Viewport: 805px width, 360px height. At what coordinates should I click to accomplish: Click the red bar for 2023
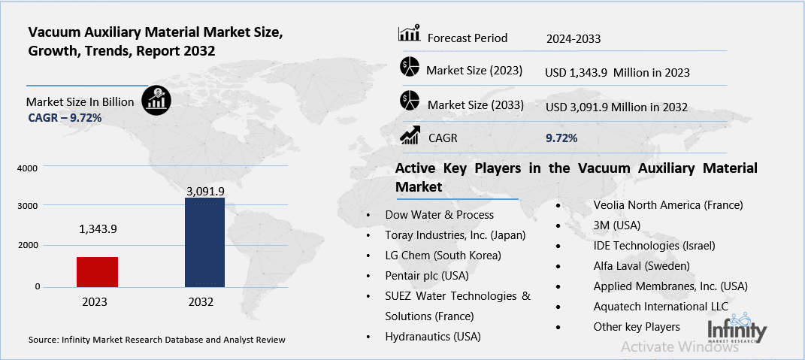[x=97, y=271]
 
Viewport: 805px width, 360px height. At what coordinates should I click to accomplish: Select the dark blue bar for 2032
[x=204, y=242]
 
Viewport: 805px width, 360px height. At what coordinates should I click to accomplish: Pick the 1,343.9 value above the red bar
[x=97, y=229]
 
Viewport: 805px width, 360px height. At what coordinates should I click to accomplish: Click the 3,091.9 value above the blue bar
[x=205, y=192]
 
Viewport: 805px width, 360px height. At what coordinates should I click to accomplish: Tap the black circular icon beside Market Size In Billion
[x=156, y=99]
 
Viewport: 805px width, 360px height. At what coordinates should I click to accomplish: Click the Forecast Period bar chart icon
[x=409, y=34]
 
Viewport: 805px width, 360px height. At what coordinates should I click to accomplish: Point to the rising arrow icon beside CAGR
[x=410, y=135]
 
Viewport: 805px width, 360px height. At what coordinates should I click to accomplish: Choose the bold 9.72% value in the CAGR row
[x=561, y=138]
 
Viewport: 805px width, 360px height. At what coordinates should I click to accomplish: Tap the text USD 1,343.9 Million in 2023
[x=617, y=73]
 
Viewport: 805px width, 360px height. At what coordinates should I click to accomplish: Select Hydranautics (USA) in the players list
[x=433, y=336]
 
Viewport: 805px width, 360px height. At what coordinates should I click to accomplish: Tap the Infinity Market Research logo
[x=737, y=331]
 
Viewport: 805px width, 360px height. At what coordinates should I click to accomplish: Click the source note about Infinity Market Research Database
[x=157, y=340]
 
